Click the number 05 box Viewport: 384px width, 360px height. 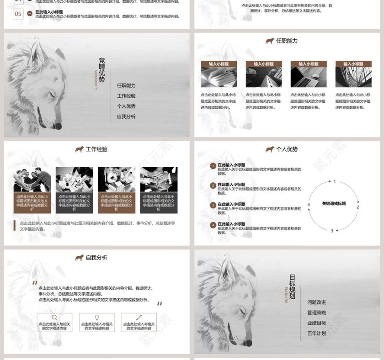point(18,14)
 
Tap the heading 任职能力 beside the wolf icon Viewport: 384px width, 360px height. point(287,41)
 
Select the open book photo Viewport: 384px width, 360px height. point(219,77)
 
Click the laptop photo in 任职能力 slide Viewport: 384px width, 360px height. point(309,77)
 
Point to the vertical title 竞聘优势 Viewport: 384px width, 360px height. point(102,70)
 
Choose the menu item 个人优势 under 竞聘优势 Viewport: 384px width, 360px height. point(126,106)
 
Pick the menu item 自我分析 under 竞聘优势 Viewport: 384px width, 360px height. point(126,116)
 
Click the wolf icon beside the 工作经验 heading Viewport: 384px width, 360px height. point(79,149)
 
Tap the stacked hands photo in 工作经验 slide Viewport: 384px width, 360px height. point(158,179)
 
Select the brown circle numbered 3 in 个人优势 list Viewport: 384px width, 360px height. point(213,205)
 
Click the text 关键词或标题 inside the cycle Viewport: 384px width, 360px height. point(334,203)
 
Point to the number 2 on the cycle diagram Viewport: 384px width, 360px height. point(357,207)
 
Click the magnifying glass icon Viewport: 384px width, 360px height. point(54,318)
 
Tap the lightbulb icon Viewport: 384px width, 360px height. point(97,318)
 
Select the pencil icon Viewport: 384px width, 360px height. point(139,318)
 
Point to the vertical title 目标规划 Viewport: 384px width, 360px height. point(292,286)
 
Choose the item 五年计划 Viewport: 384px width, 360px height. point(317,334)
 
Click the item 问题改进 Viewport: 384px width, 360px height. point(317,302)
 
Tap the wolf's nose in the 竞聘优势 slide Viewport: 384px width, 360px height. point(58,126)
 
